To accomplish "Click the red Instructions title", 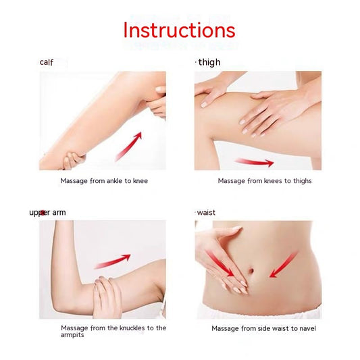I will coord(179,30).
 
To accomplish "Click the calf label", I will coord(46,62).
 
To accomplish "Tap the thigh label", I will coord(209,62).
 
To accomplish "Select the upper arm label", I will coord(47,212).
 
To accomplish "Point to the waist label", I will coord(206,212).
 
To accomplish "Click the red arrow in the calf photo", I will coord(128,146).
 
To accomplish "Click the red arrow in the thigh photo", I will coord(254,162).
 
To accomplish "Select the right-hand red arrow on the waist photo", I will coord(284,264).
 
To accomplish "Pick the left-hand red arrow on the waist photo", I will coord(221,264).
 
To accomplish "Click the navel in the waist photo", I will coord(251,271).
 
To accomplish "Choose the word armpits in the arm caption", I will coord(73,335).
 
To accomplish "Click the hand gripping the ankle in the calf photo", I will coord(72,160).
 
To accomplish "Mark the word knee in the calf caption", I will coord(140,181).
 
